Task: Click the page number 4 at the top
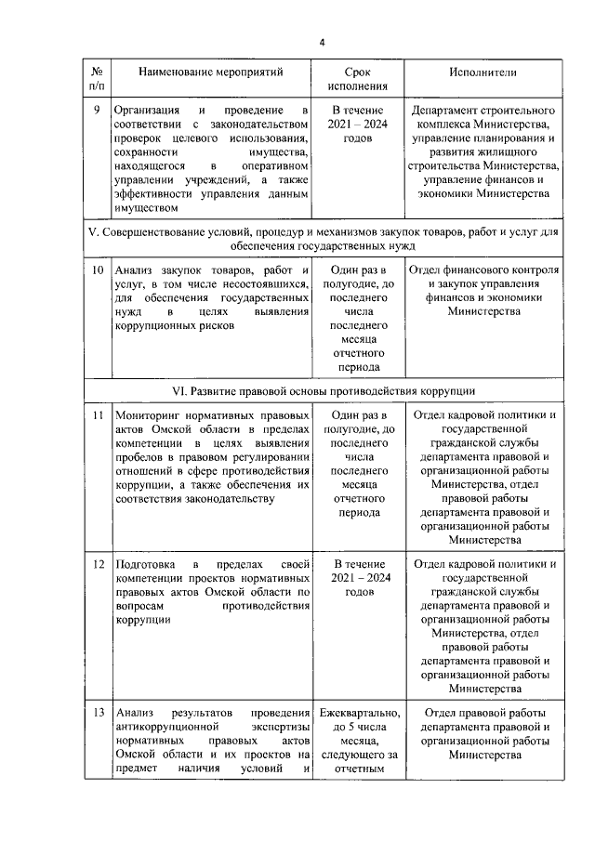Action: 322,42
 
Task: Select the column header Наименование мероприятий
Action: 210,71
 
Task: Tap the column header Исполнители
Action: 483,71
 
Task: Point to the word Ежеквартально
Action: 358,713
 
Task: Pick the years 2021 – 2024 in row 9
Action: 358,124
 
